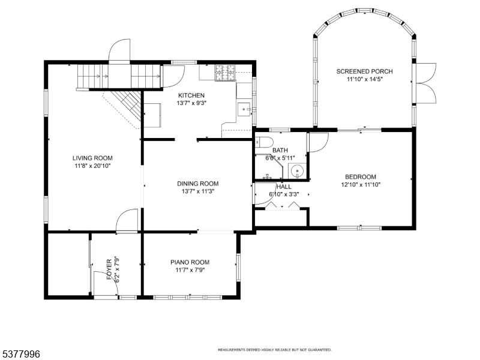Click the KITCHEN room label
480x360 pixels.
pos(191,95)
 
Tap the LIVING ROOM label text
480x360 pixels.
pos(92,158)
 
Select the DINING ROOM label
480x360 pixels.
pos(198,184)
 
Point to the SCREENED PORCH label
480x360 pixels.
pos(364,71)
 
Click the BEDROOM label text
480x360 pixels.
pos(361,177)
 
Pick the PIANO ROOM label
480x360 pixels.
pos(190,262)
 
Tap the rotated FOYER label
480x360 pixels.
pos(109,269)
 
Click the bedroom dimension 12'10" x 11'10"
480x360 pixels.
pos(361,185)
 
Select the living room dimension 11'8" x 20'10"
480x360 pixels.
pos(92,166)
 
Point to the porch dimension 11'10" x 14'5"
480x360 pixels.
pos(365,80)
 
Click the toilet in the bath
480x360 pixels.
pos(264,142)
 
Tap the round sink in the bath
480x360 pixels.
pos(296,170)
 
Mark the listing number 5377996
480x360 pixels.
pos(20,354)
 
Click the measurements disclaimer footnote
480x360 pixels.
pos(275,350)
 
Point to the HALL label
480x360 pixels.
pos(284,187)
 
